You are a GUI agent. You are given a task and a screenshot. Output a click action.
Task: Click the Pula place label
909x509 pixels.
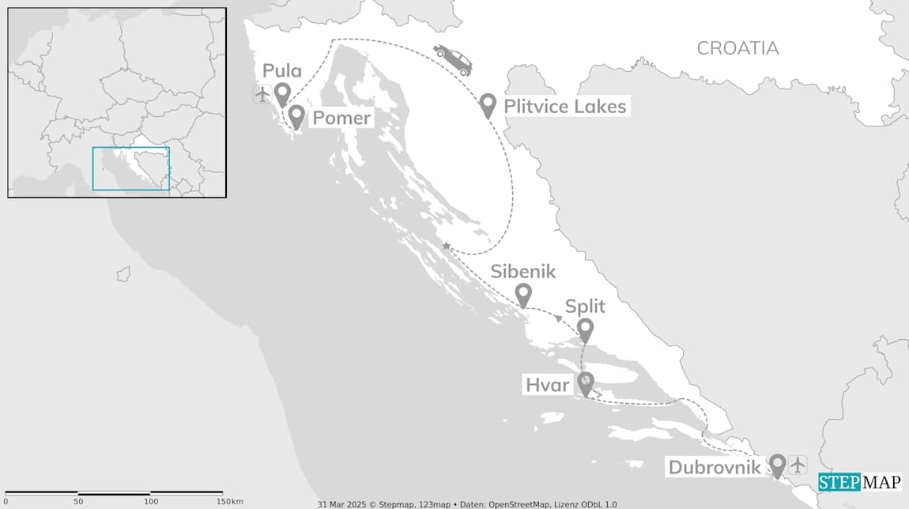(283, 71)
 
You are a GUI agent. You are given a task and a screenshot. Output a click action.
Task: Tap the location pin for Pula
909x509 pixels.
(282, 94)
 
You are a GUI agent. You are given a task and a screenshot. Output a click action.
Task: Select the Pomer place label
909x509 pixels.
(341, 119)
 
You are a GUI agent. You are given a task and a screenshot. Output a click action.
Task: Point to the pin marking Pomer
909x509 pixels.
(296, 116)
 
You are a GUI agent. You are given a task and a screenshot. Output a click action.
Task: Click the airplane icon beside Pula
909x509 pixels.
(262, 95)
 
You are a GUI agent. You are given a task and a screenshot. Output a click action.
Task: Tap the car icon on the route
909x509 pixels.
(453, 59)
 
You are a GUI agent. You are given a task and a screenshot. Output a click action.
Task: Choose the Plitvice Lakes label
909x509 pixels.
(564, 106)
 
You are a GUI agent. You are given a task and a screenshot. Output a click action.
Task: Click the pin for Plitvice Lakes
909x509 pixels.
(488, 104)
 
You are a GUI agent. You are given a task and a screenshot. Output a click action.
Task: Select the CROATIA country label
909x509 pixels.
(737, 48)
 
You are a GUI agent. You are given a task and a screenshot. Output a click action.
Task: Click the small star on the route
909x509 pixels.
(447, 247)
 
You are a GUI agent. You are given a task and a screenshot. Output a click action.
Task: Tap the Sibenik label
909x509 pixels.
(523, 272)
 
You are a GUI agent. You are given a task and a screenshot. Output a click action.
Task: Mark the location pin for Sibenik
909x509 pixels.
(523, 295)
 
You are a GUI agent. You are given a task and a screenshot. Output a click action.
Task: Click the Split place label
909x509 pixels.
(585, 307)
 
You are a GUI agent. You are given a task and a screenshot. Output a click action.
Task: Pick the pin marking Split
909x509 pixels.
(585, 329)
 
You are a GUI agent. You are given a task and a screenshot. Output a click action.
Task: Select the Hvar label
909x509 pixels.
(547, 386)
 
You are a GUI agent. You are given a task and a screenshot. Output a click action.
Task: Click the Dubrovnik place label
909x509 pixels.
(715, 467)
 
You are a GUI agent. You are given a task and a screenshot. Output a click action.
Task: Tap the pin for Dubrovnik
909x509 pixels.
(777, 465)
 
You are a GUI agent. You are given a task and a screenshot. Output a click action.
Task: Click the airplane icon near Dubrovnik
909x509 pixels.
(798, 464)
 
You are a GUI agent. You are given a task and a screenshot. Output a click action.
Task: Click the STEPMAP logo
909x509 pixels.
(859, 482)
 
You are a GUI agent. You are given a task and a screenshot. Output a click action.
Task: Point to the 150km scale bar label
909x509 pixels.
(229, 502)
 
